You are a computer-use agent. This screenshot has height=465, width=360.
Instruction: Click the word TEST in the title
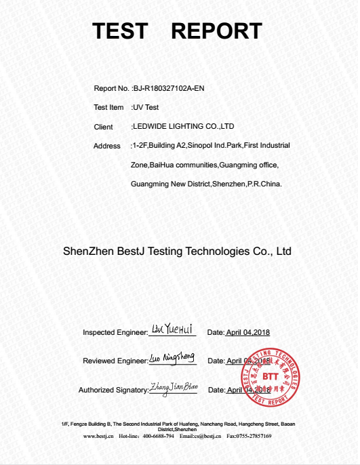point(119,31)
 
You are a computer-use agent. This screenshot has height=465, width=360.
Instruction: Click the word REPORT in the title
point(217,31)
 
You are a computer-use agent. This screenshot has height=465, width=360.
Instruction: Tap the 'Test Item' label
point(108,107)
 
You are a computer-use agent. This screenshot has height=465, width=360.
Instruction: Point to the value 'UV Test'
point(145,107)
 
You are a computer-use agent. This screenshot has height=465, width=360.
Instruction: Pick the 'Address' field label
point(107,146)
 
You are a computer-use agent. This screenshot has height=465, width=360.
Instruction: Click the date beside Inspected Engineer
point(248,332)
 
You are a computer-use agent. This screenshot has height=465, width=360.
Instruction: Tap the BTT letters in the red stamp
point(271,376)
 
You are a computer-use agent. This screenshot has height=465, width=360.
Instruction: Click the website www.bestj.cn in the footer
point(97,436)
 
